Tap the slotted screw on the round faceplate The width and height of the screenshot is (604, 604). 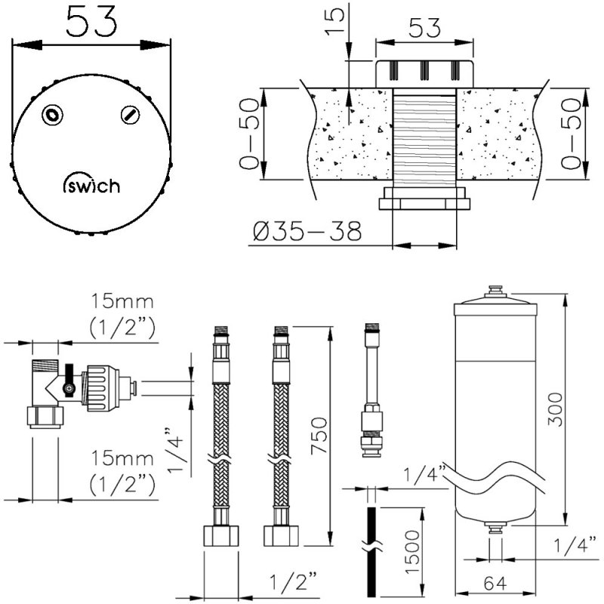click(130, 115)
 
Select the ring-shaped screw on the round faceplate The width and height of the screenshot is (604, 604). click(52, 114)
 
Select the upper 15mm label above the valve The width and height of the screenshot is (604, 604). click(122, 303)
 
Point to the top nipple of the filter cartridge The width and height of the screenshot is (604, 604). click(495, 291)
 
